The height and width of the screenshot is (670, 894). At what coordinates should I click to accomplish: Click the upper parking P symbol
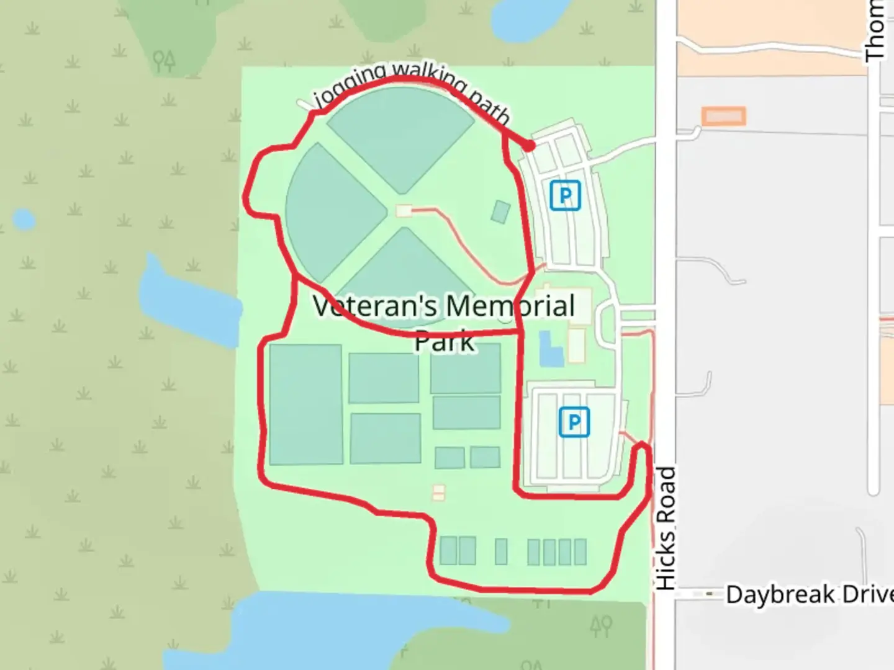click(x=565, y=195)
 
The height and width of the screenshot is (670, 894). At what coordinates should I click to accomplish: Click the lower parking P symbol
click(x=574, y=422)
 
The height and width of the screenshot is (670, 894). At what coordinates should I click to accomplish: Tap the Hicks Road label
click(x=665, y=528)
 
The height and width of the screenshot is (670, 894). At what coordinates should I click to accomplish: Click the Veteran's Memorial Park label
click(x=445, y=323)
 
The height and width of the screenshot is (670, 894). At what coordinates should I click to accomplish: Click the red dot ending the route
click(x=529, y=146)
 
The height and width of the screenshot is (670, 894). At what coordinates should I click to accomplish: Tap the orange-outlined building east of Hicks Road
click(x=723, y=116)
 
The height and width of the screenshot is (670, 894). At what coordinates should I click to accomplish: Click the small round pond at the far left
click(x=24, y=220)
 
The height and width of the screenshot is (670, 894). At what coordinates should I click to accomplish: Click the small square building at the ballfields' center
click(x=404, y=211)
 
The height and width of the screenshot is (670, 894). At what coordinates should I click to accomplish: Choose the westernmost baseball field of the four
click(x=332, y=210)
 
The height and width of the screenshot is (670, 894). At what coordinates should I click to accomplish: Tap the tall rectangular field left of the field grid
click(x=305, y=404)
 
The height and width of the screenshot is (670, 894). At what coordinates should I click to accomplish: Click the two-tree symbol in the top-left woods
click(x=165, y=60)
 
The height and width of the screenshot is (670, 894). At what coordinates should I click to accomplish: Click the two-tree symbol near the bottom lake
click(x=602, y=625)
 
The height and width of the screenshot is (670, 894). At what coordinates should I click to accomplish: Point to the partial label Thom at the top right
click(x=875, y=31)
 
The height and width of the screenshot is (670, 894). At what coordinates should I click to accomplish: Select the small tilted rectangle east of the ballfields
click(x=500, y=212)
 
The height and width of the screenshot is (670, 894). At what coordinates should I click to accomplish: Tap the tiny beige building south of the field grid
click(x=439, y=493)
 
